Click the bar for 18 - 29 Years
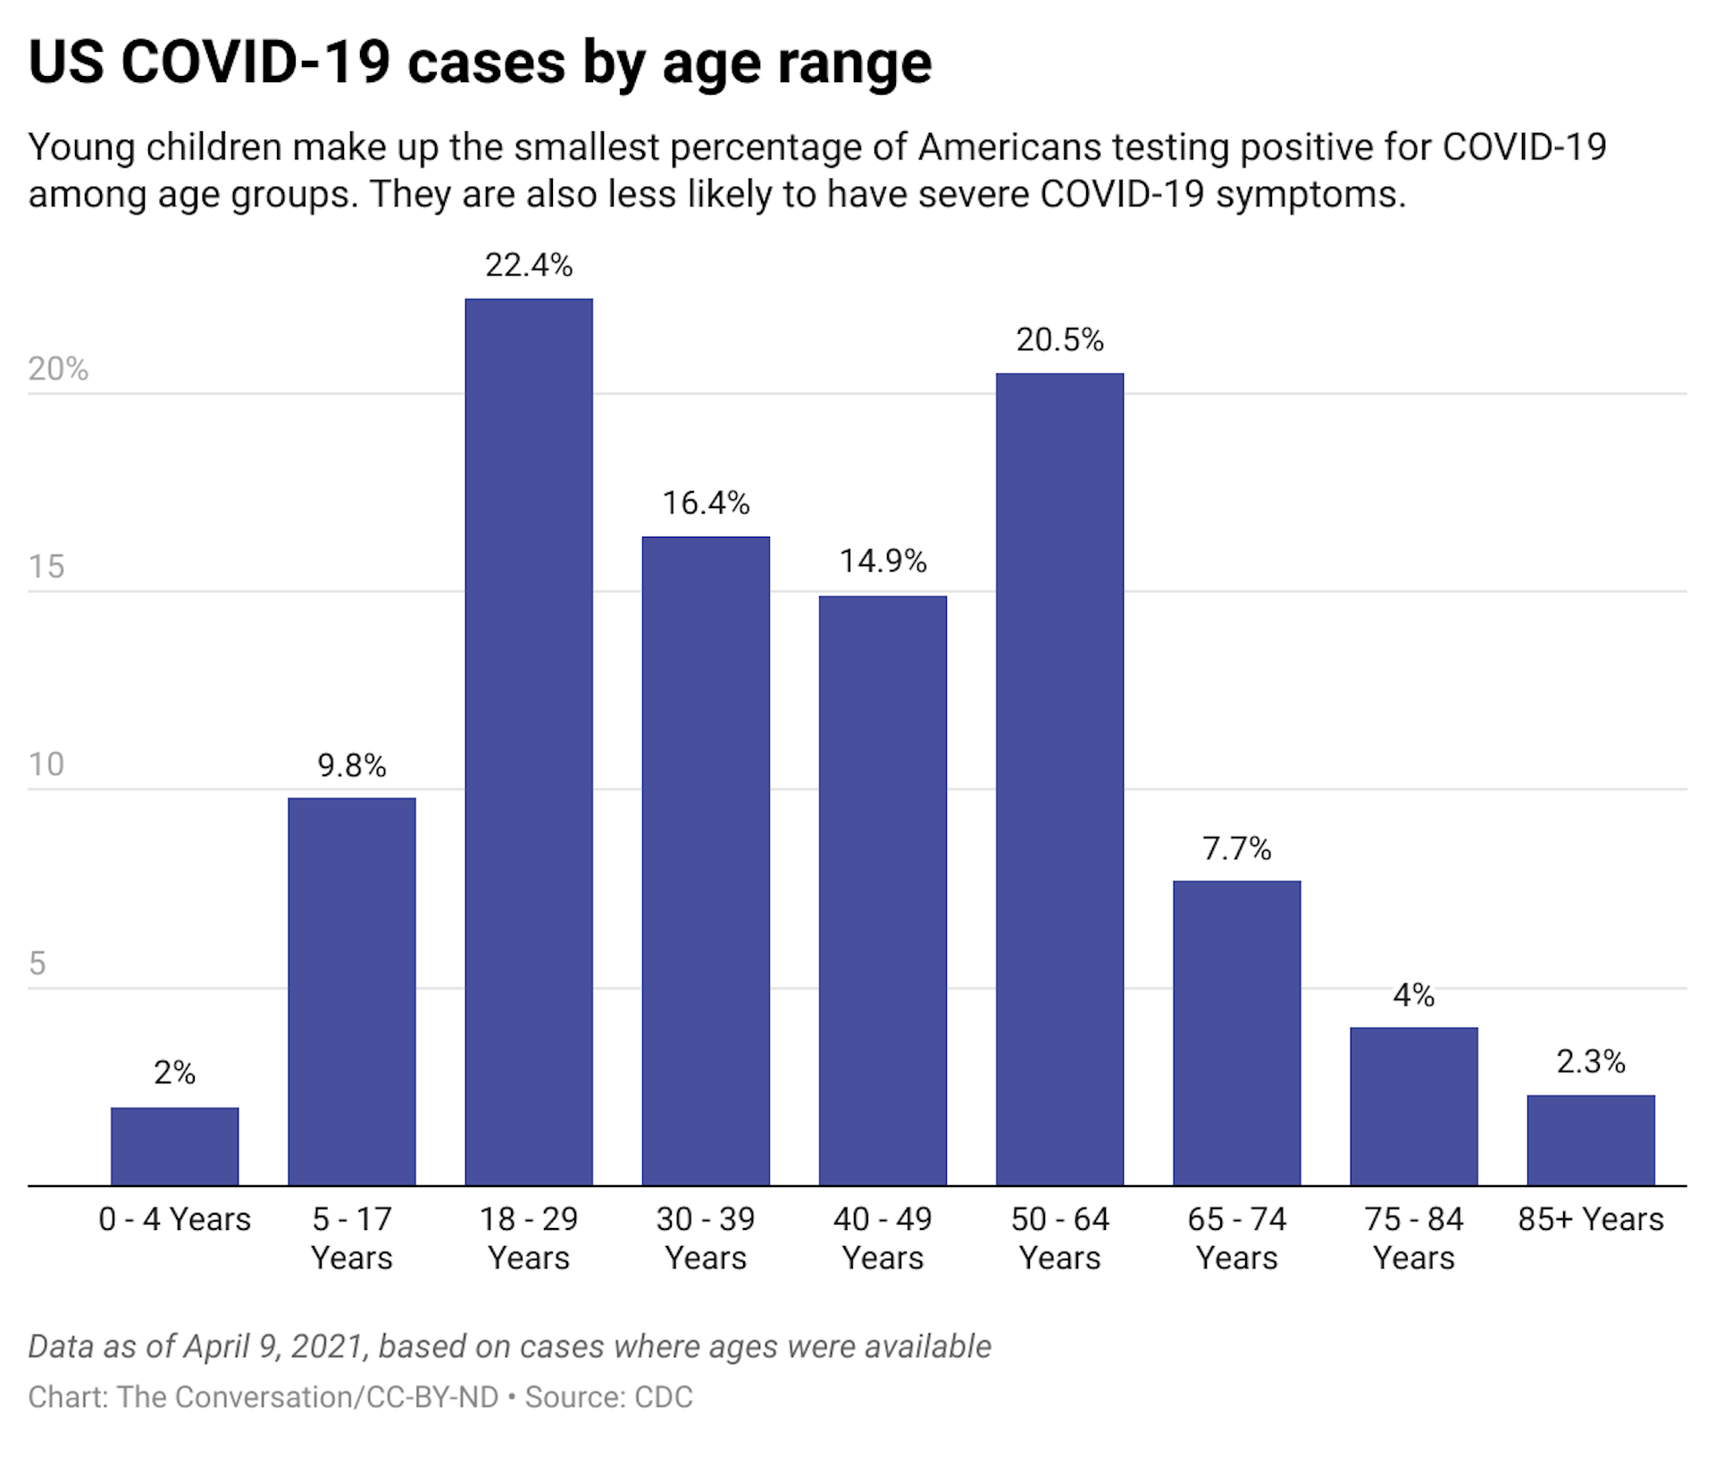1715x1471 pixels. coord(529,741)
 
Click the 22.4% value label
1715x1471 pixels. coord(529,265)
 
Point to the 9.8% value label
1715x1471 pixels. coord(352,765)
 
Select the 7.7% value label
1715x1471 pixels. coord(1236,848)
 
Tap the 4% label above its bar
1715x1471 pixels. coord(1413,995)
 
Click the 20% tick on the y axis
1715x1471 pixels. coord(58,369)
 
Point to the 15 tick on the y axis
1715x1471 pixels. coord(46,566)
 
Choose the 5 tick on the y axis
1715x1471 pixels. coord(37,963)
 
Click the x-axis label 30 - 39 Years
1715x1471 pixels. coord(706,1238)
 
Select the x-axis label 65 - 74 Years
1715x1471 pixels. coord(1236,1238)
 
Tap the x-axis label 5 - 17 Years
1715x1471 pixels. coord(352,1238)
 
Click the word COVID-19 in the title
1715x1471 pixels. coord(255,63)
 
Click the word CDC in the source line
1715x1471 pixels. coord(663,1397)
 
